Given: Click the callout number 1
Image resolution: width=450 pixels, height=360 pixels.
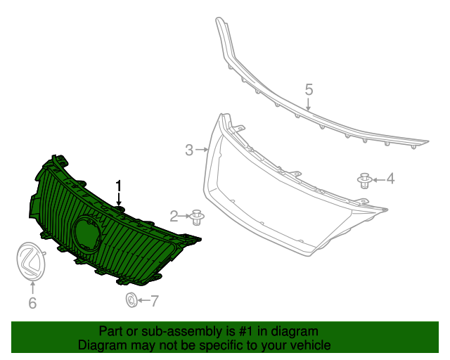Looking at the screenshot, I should [x=119, y=186].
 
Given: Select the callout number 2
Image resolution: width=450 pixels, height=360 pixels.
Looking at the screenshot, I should [x=174, y=215].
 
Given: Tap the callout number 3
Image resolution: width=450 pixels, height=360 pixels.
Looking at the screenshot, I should [x=189, y=150].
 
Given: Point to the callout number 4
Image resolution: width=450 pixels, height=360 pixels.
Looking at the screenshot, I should [x=390, y=179].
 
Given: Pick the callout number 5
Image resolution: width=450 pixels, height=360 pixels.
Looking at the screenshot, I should [x=308, y=89].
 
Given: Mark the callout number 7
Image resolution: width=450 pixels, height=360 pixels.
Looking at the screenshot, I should [x=154, y=302].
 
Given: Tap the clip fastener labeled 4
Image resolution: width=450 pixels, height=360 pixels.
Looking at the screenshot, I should [x=364, y=181].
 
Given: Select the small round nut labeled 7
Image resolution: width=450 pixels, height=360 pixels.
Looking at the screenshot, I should [x=131, y=301].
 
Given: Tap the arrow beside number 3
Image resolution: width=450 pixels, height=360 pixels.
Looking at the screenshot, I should [x=203, y=150].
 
